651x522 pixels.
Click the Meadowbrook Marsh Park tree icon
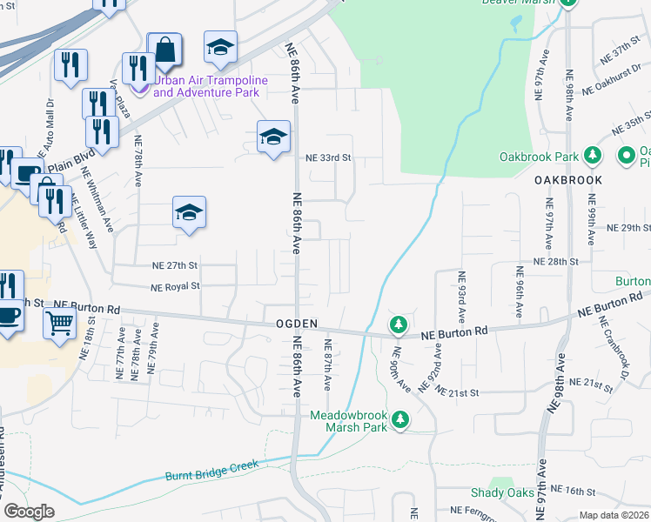point(399,420)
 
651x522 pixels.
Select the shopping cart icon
point(59,323)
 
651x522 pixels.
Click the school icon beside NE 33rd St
point(273,137)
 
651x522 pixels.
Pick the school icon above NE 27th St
point(189,212)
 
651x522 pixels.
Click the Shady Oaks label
point(502,493)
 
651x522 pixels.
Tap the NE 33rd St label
point(327,158)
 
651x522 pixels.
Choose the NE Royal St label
point(175,286)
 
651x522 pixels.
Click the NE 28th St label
point(555,262)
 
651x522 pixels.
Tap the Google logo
point(30,512)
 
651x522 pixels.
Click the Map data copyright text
point(614,515)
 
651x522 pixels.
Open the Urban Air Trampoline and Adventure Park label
point(206,85)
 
